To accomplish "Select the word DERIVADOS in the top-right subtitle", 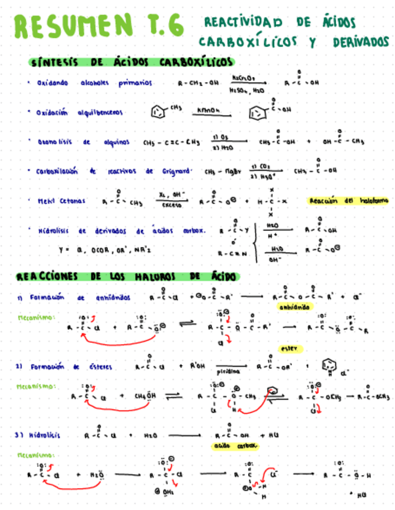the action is (360, 43).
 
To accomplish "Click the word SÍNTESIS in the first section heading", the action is (55, 63).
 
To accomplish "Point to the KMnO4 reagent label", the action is (206, 109).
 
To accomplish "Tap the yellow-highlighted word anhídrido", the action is (294, 307).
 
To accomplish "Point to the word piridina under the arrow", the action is (222, 372).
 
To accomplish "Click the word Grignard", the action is (176, 171).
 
